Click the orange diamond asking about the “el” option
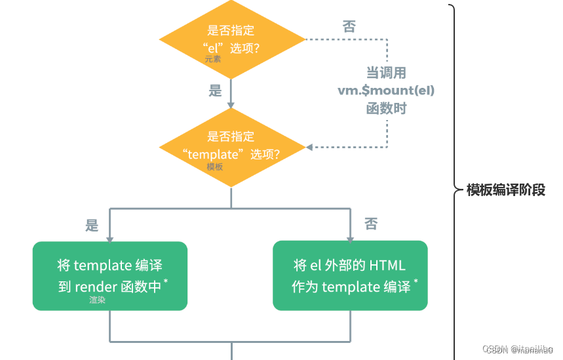(231, 39)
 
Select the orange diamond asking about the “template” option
(231, 146)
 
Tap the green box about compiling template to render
(110, 275)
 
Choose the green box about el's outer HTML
(350, 275)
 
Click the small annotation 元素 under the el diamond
(213, 59)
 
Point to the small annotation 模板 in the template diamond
(215, 167)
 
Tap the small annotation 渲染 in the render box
(98, 300)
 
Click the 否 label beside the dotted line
(349, 27)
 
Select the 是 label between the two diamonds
(216, 91)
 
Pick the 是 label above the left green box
(92, 226)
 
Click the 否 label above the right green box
(371, 224)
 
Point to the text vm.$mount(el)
(386, 90)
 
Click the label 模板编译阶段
(505, 190)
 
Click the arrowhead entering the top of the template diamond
(231, 104)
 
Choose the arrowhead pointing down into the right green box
(350, 237)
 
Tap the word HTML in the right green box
(387, 266)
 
